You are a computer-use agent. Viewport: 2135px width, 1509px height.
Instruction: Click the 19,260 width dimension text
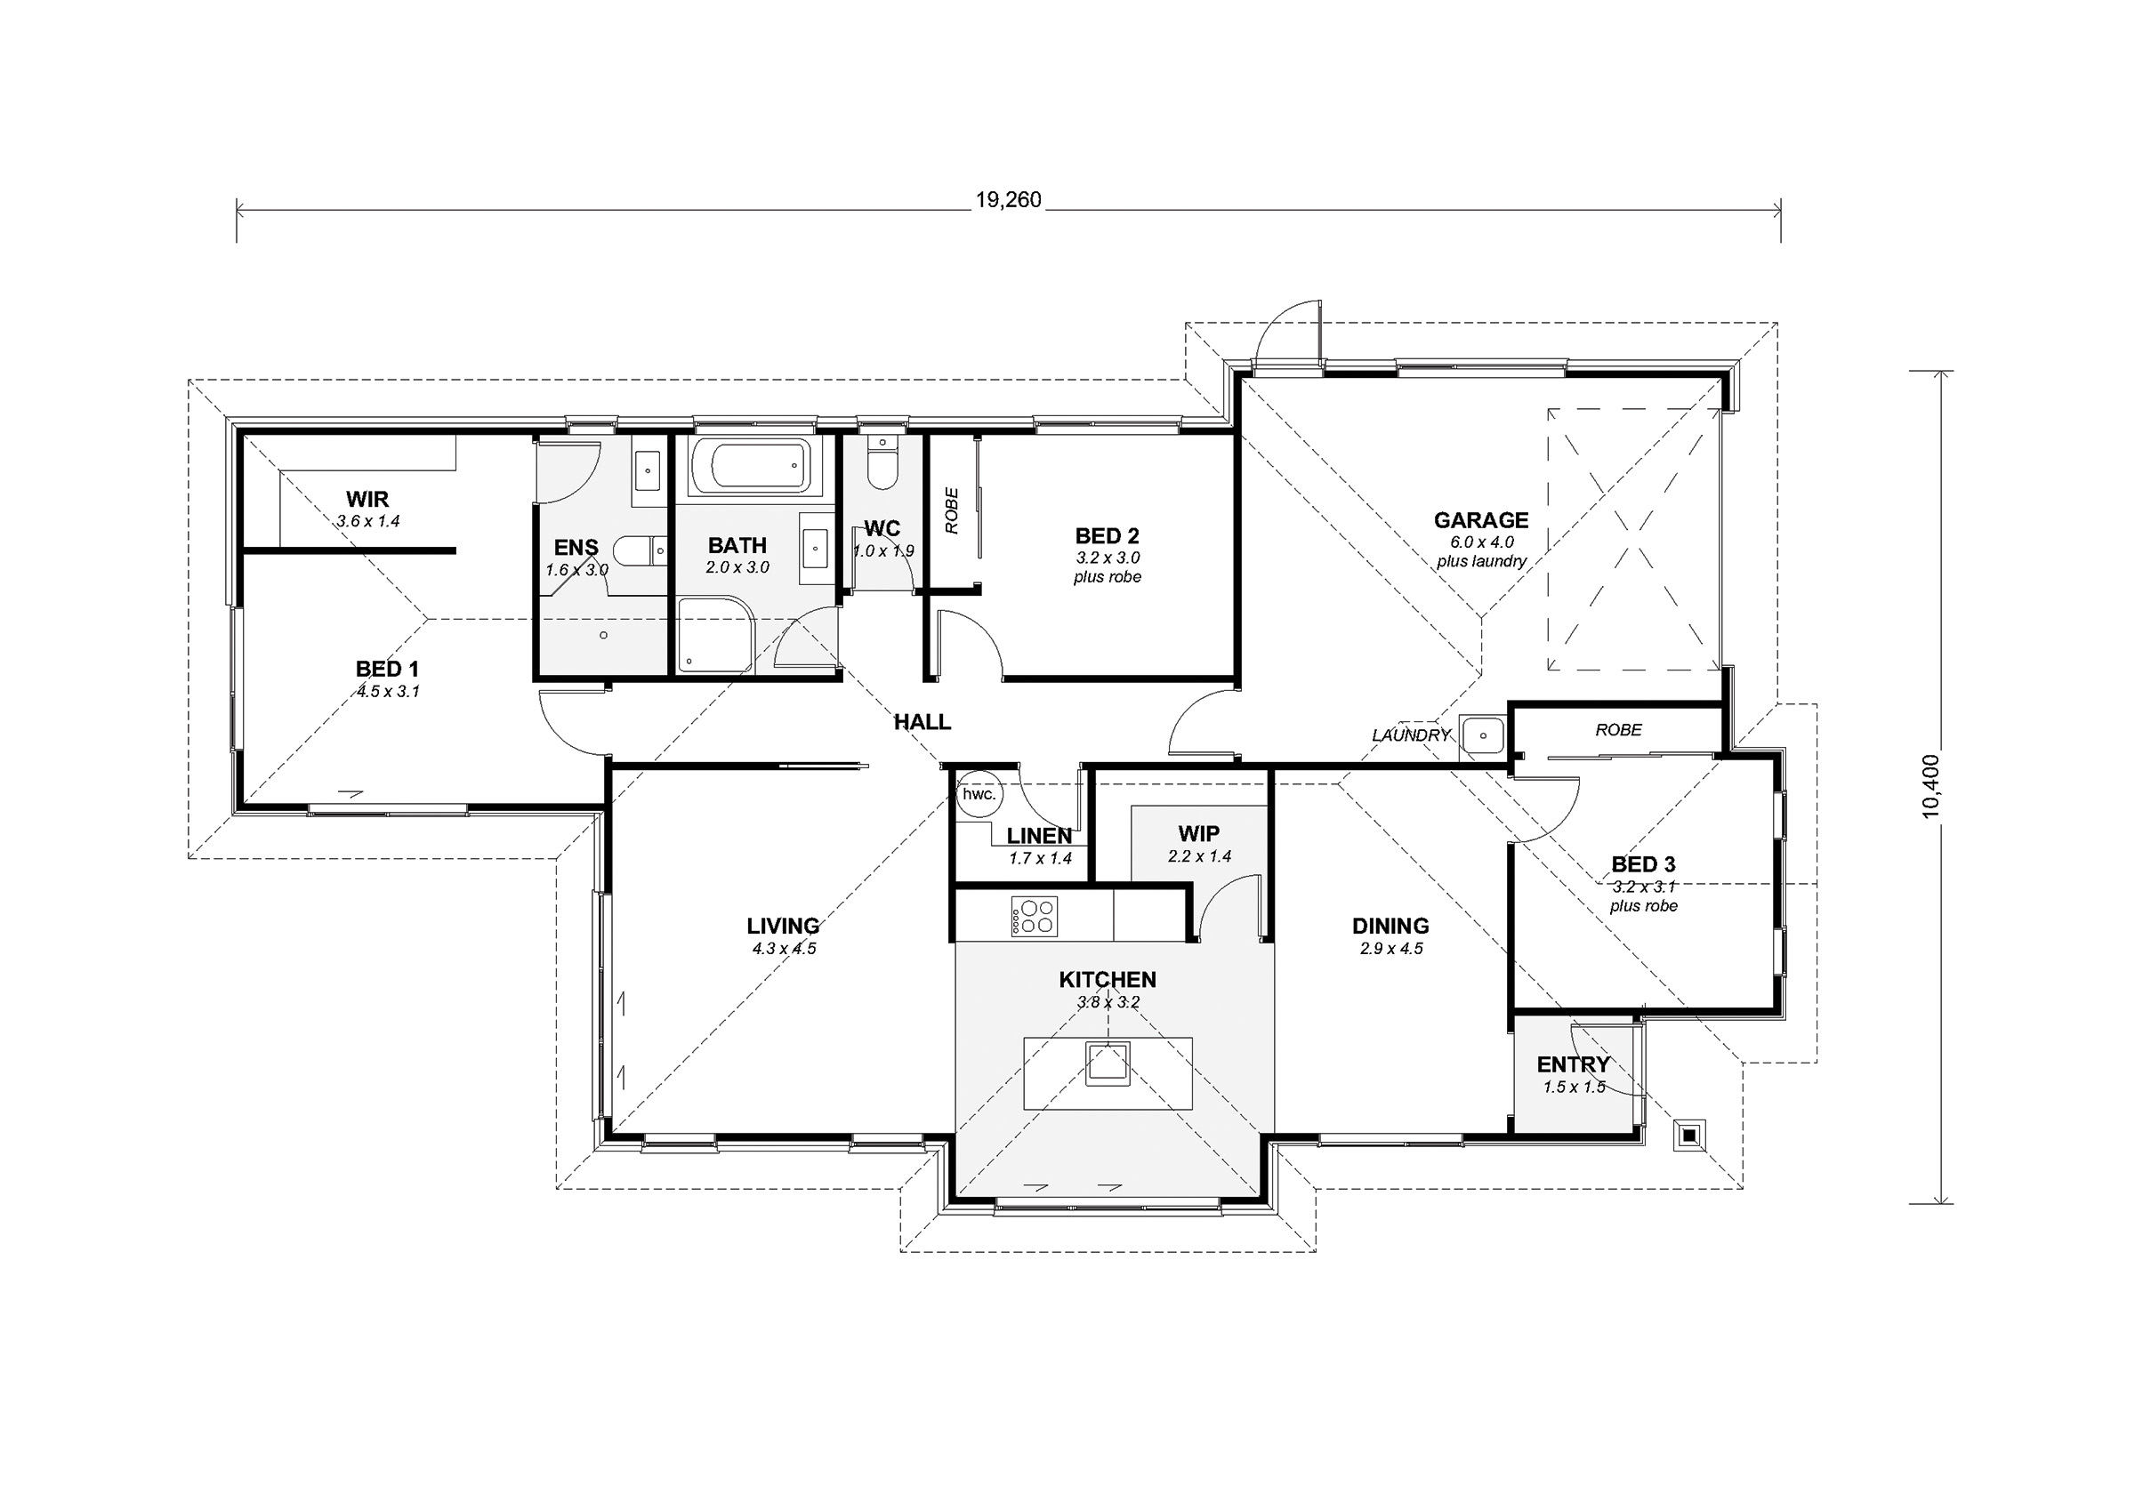[x=1008, y=200]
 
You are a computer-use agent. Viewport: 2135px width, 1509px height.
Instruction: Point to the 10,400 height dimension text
[x=1931, y=786]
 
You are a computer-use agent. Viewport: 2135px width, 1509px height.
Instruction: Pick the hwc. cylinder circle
[x=979, y=795]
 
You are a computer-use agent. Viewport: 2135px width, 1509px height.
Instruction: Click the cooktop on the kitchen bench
[x=1034, y=916]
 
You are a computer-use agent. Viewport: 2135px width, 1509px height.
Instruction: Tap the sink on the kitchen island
[x=1108, y=1064]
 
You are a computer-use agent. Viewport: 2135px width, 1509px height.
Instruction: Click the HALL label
[x=922, y=721]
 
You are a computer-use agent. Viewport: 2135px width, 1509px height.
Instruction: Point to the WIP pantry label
[x=1198, y=833]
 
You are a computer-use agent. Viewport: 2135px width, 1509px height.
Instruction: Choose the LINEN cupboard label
[x=1040, y=836]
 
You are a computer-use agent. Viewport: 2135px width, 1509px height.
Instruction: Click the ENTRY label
[x=1574, y=1064]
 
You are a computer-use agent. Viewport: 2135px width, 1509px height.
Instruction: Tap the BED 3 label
[x=1643, y=863]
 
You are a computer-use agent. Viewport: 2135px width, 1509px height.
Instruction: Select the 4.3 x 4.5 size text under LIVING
[x=784, y=949]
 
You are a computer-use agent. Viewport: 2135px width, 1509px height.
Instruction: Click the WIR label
[x=367, y=499]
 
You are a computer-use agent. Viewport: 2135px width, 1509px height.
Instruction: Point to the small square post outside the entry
[x=1688, y=1135]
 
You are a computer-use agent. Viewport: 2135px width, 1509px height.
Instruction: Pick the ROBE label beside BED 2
[x=951, y=511]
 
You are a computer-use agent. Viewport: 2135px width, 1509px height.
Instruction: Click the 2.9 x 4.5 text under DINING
[x=1391, y=949]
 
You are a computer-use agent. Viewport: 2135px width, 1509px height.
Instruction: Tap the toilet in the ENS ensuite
[x=642, y=550]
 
